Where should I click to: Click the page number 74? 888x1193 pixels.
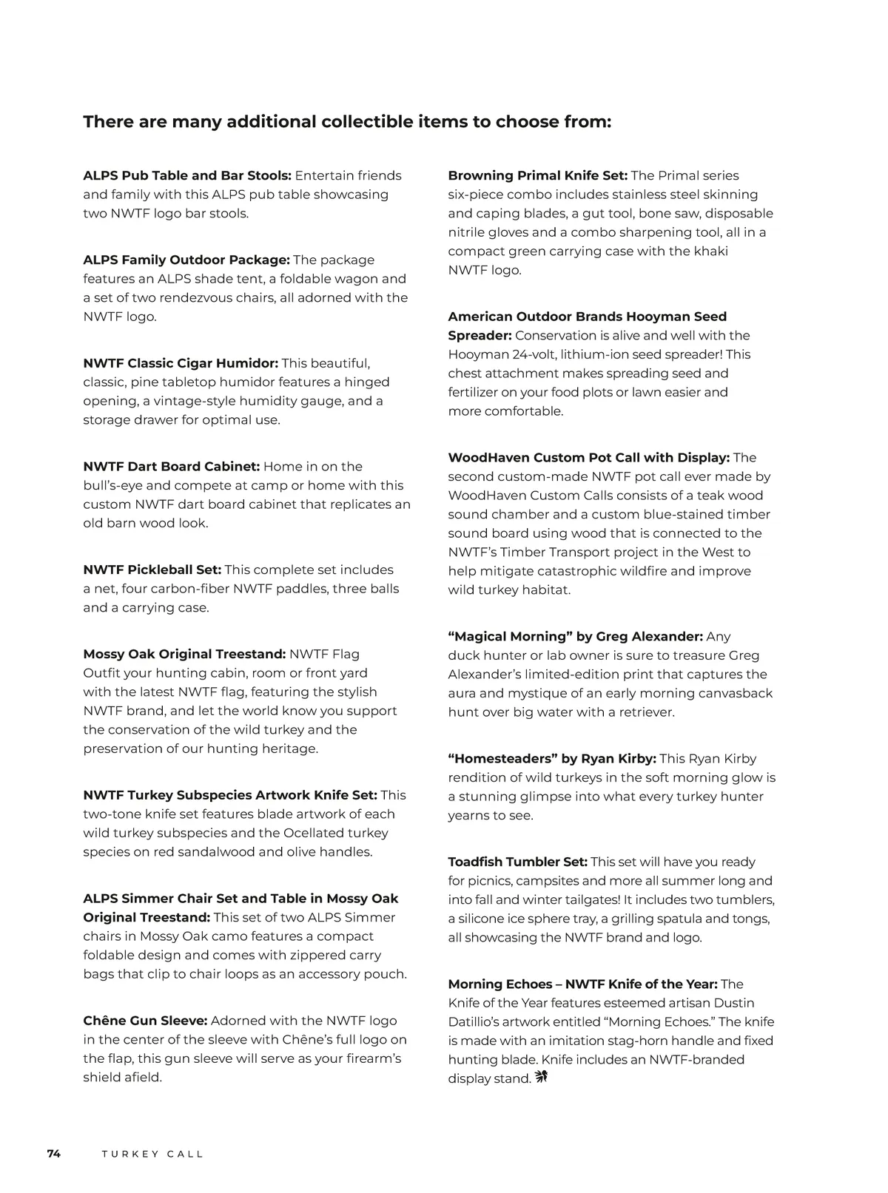(54, 1154)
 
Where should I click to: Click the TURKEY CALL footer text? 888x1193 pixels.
(152, 1154)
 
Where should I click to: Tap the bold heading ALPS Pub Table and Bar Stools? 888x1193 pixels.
(187, 176)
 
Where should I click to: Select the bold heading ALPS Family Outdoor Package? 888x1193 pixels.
(186, 260)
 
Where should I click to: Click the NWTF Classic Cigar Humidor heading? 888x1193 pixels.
(181, 363)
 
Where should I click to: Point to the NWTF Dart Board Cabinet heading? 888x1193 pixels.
(172, 467)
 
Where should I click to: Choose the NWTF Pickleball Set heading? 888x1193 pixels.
(152, 570)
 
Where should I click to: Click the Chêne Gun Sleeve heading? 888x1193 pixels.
(145, 1021)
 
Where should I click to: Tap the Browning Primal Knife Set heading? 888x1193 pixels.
(538, 176)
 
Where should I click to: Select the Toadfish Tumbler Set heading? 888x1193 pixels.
(518, 862)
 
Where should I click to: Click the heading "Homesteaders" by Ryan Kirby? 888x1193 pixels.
(552, 759)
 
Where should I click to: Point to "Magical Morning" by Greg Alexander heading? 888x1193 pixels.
(576, 637)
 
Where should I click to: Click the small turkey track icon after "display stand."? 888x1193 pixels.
(541, 1078)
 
